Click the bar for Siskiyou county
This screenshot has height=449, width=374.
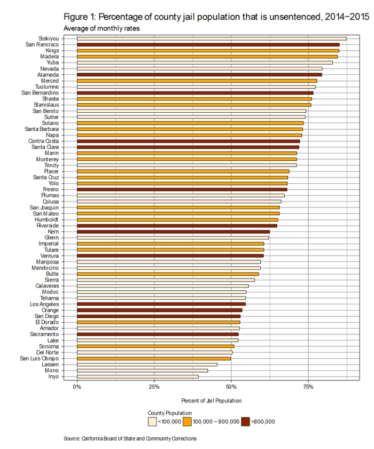click(x=211, y=38)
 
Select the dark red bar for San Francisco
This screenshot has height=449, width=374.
click(x=208, y=44)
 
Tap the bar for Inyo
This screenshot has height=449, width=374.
click(x=138, y=377)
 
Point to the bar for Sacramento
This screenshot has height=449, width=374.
click(x=158, y=334)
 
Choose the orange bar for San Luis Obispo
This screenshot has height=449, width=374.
click(x=154, y=359)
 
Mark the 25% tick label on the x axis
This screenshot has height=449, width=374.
click(x=154, y=386)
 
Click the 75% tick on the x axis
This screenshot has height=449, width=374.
click(x=308, y=386)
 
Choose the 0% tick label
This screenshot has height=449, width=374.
click(x=77, y=386)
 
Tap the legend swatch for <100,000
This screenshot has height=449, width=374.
click(x=152, y=422)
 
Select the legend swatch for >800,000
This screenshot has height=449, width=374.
click(x=246, y=422)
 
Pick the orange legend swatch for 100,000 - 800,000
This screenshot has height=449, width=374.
click(x=188, y=422)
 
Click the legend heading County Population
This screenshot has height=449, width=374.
click(x=170, y=413)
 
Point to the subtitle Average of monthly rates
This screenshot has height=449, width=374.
click(x=102, y=28)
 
